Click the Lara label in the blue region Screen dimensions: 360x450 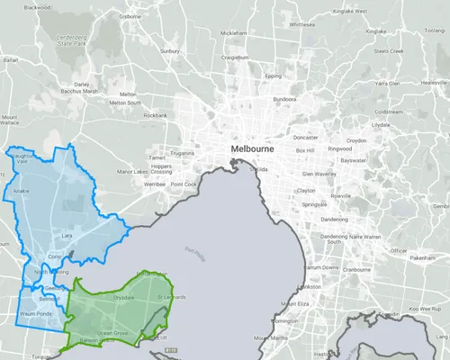pos(67,235)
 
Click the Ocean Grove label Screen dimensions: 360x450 pos(113,333)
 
